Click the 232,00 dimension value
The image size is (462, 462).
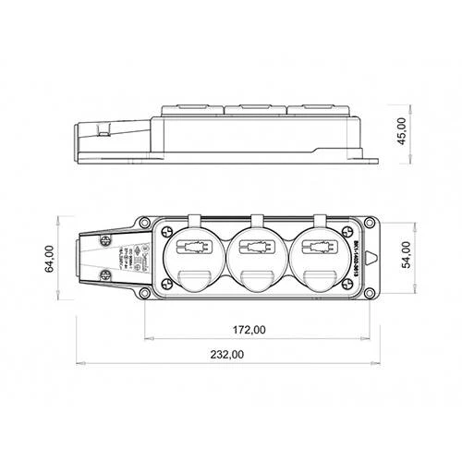[x=226, y=355]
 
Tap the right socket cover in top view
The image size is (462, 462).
[x=311, y=259]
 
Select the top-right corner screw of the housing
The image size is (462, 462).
[x=367, y=223]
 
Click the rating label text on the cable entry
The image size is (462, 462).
[x=129, y=260]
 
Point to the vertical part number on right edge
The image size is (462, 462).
[x=357, y=260]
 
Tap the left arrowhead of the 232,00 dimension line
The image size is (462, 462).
[x=78, y=361]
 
